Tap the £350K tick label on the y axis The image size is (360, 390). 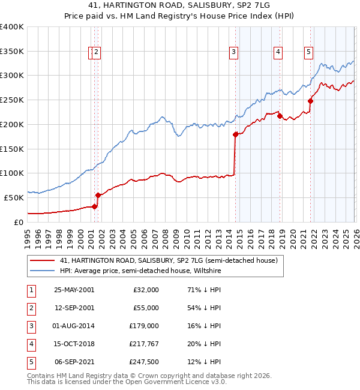12,52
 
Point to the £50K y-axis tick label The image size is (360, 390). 14,197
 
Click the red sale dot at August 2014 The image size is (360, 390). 235,135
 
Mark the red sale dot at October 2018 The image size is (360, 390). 280,116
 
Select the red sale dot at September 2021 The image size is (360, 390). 311,101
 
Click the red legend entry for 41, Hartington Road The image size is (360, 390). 168,261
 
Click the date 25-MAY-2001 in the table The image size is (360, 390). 74,290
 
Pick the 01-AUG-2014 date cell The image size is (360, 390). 74,326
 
